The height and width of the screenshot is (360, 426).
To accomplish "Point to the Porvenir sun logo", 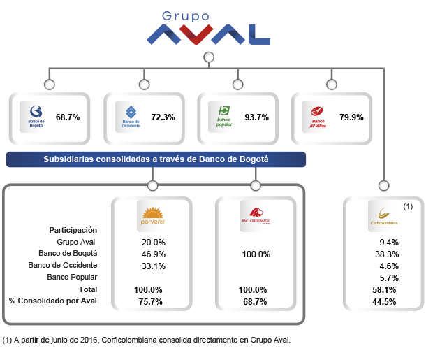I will point(152,215).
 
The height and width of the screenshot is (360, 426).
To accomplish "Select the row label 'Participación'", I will point(73,229).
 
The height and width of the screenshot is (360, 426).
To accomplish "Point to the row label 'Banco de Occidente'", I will point(62,265).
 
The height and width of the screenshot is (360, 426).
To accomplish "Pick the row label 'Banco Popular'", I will point(73,277).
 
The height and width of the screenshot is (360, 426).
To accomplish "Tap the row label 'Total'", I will point(88,289).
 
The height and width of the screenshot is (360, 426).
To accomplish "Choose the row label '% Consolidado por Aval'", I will point(53,301).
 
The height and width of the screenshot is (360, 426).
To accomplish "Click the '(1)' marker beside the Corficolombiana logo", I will point(409,207).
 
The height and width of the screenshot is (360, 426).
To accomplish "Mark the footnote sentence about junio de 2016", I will point(146,340).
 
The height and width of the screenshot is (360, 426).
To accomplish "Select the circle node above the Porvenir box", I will point(152,186).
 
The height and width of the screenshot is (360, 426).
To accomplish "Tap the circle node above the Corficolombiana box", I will point(383,186).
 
